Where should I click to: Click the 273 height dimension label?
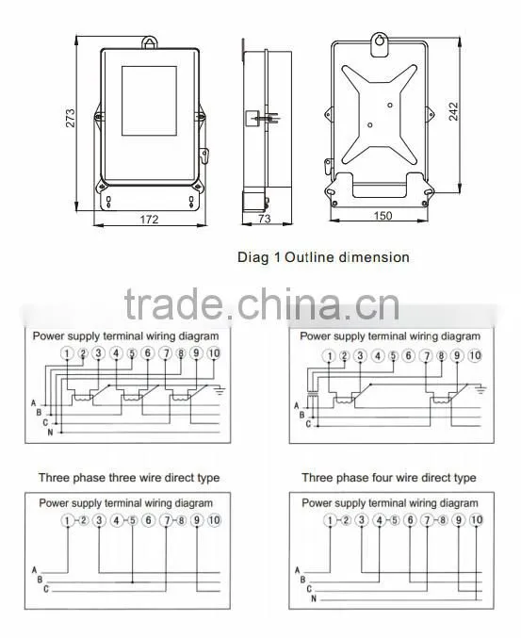(71, 118)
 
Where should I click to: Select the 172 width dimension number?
(149, 220)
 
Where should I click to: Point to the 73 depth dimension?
(264, 219)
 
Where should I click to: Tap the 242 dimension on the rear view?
(453, 111)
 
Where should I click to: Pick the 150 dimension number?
(383, 216)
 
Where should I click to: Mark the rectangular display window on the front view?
(149, 101)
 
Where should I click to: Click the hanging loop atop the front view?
(150, 41)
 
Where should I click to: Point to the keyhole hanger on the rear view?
(380, 44)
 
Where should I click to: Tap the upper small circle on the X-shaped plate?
(390, 105)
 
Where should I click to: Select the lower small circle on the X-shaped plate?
(369, 125)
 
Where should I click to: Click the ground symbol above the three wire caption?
(220, 391)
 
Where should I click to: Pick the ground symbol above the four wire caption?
(480, 390)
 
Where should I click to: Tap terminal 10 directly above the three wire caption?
(214, 353)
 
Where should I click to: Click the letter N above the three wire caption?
(50, 433)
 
